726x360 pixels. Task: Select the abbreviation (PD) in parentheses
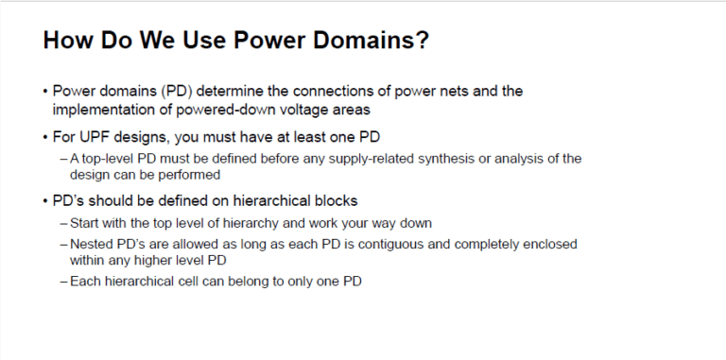[x=172, y=91]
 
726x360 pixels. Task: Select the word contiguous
[x=395, y=243]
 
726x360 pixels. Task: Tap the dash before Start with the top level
[x=63, y=223]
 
